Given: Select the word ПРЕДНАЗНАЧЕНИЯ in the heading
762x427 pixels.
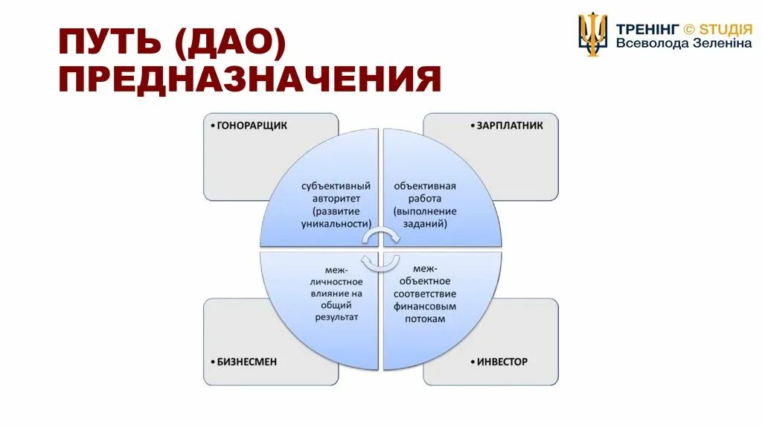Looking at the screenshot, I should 250,79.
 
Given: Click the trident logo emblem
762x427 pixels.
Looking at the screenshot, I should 593,33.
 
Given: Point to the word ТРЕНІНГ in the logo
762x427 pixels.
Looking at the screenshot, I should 647,28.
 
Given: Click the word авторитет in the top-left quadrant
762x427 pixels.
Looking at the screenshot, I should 336,199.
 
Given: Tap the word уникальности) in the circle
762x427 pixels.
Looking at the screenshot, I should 336,223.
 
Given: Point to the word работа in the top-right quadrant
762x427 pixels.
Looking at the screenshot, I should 425,199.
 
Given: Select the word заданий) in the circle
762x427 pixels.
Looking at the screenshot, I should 425,223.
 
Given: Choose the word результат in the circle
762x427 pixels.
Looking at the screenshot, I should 336,318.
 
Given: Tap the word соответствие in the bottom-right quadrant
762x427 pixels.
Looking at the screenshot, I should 425,293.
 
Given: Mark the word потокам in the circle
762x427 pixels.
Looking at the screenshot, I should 425,318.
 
